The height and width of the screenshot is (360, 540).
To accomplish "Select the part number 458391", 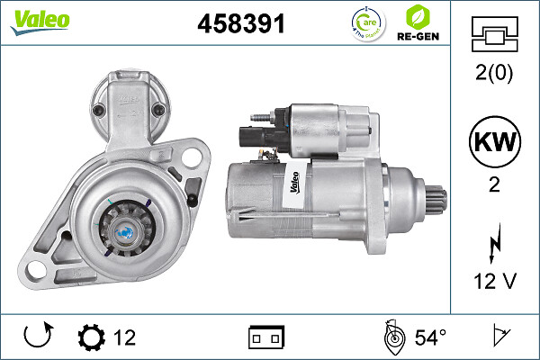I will point(241,25).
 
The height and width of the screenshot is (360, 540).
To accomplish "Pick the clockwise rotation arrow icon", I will point(37,337).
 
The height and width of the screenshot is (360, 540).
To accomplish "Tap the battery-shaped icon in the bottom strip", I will point(266,338).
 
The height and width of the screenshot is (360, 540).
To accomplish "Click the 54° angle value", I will point(429,338).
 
